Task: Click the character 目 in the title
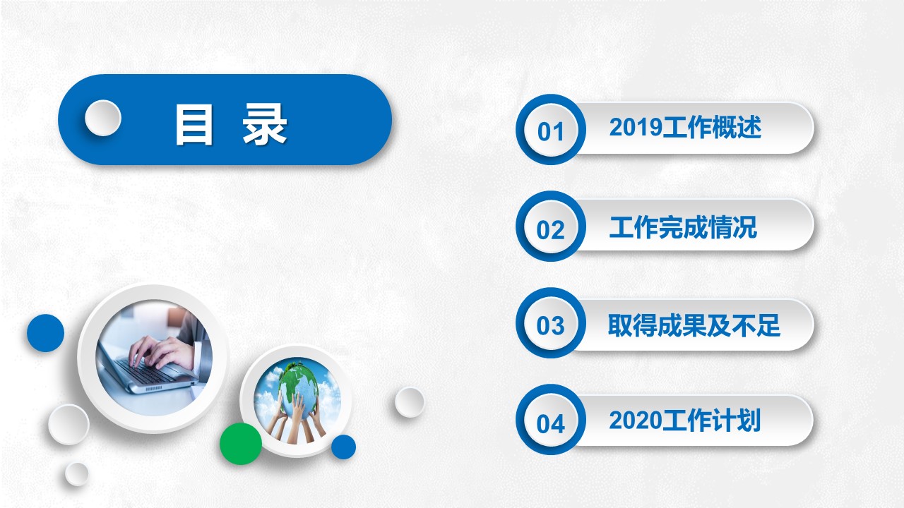click(194, 124)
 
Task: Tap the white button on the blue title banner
click(103, 118)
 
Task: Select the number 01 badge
click(550, 129)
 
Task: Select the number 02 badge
click(550, 226)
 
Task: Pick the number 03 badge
click(550, 323)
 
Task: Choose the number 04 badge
click(550, 420)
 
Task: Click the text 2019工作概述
click(685, 128)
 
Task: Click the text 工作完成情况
click(683, 227)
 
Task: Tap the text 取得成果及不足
click(694, 325)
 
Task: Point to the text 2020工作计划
click(684, 420)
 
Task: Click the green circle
click(241, 444)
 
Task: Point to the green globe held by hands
click(299, 383)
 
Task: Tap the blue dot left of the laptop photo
click(46, 333)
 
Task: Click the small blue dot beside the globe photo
click(343, 447)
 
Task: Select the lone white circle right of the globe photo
click(409, 402)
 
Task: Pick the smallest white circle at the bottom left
click(77, 473)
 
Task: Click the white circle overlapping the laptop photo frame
click(69, 425)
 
